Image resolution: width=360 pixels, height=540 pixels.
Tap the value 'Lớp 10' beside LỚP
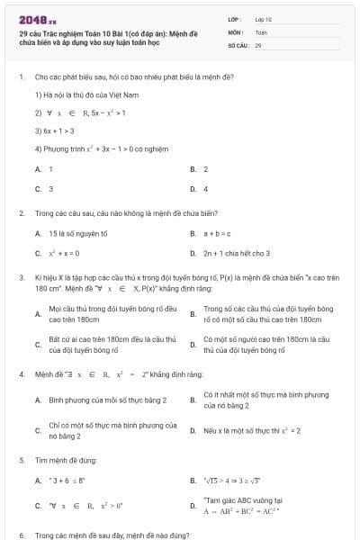(263, 19)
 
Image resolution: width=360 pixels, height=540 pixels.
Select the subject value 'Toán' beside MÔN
(261, 31)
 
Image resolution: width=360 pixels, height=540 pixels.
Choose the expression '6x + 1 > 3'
(53, 131)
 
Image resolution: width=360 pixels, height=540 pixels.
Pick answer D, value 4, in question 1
(205, 189)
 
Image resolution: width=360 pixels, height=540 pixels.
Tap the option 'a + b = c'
(217, 233)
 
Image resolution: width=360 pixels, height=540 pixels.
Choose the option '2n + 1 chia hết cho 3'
(237, 253)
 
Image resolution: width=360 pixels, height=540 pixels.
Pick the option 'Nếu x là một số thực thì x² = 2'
(252, 430)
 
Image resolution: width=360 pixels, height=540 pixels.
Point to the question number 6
(21, 535)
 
